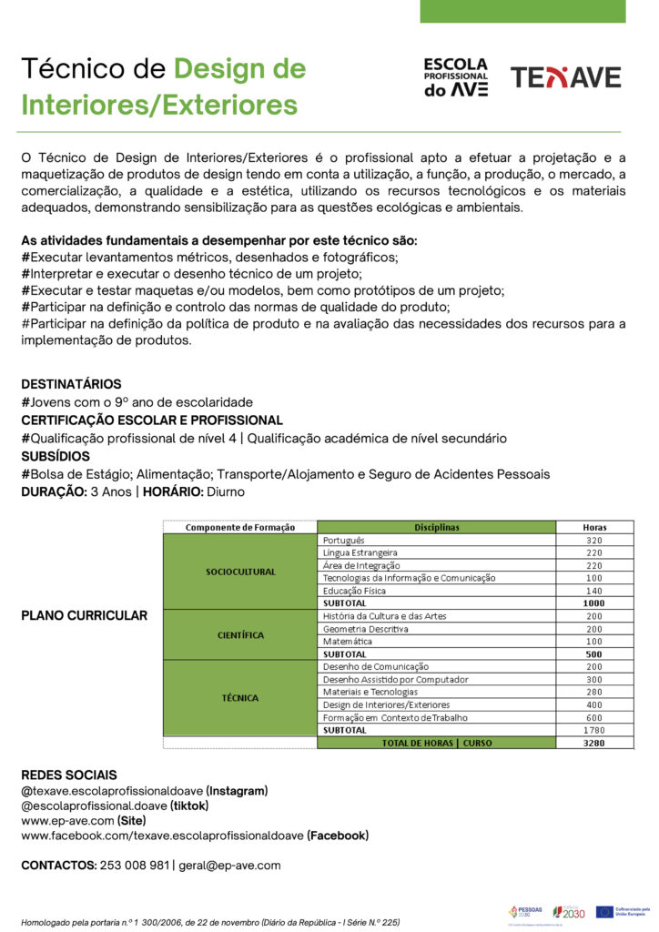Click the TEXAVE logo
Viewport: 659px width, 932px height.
(x=565, y=77)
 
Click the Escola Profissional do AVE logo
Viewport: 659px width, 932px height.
(x=455, y=77)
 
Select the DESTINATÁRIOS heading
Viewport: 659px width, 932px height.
(x=71, y=384)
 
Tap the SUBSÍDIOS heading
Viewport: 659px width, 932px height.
(x=56, y=456)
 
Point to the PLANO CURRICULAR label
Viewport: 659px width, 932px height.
(x=84, y=615)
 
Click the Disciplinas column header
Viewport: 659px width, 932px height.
(x=437, y=527)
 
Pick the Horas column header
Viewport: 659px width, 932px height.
(x=594, y=527)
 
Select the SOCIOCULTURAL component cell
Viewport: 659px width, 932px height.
(x=240, y=572)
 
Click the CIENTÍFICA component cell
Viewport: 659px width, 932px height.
(x=240, y=634)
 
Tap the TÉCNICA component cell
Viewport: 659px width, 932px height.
(x=240, y=698)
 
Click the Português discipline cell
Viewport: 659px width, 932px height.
(x=344, y=540)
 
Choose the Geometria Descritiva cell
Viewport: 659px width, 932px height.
(x=366, y=629)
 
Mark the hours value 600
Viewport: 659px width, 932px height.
(x=594, y=717)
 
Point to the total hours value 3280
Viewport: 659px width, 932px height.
(x=594, y=743)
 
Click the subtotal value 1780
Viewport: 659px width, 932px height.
(x=594, y=730)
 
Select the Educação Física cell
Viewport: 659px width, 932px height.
(x=355, y=591)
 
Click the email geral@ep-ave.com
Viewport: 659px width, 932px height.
(x=229, y=865)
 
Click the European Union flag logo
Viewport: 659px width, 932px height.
(x=604, y=911)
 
